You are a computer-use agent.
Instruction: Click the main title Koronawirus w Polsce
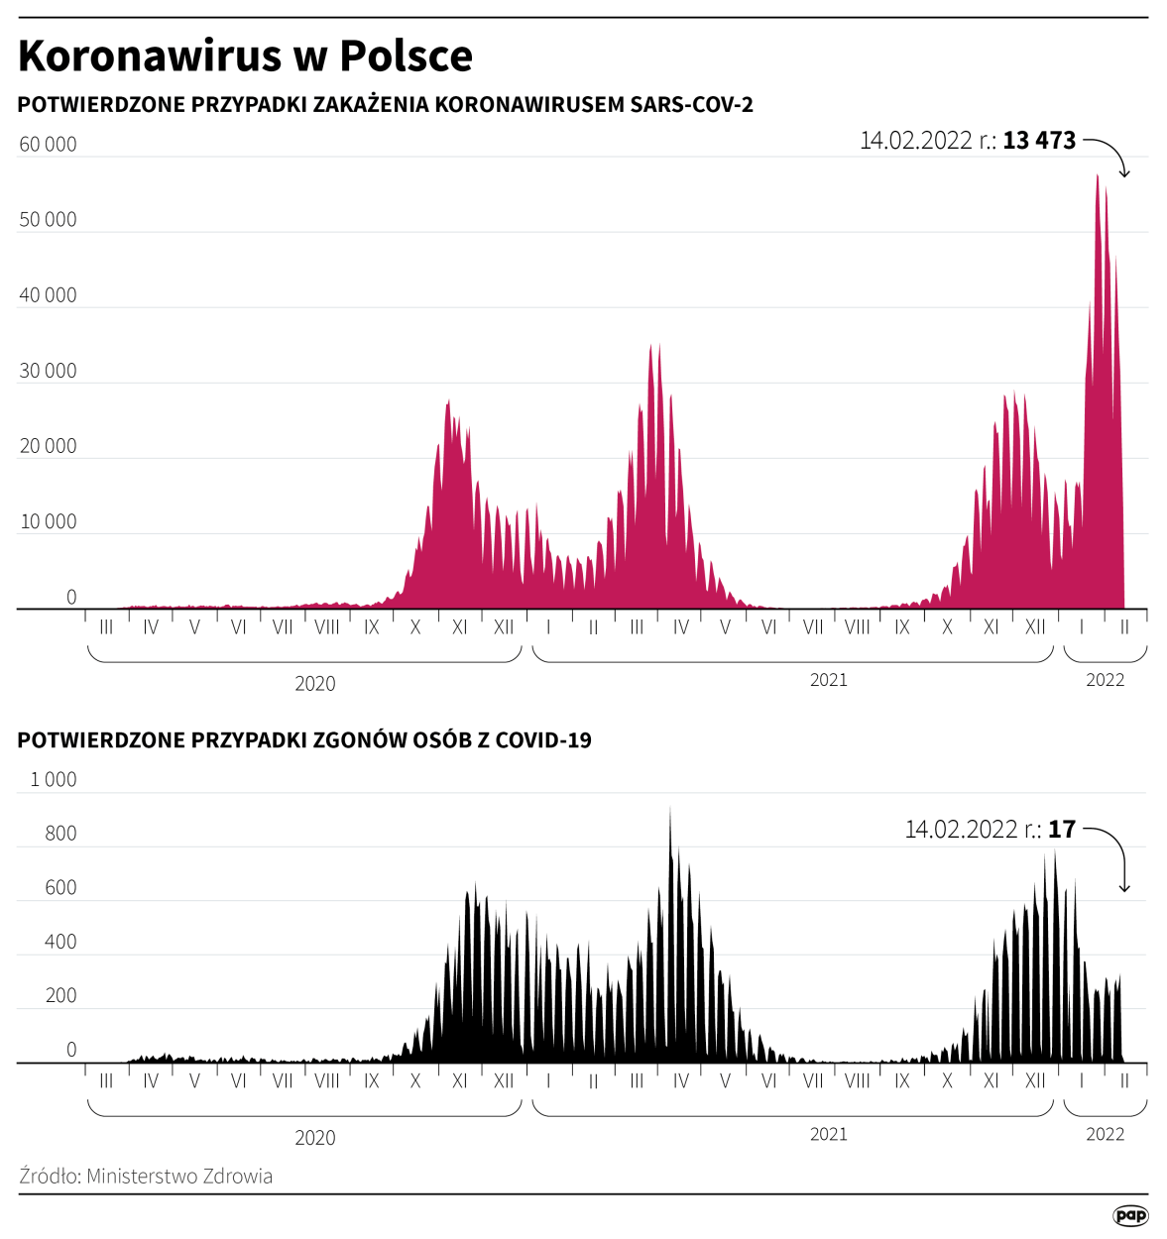point(245,56)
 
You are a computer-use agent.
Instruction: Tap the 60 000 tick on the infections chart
point(48,145)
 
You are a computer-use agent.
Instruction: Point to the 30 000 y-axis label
point(48,371)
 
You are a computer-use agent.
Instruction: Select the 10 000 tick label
point(48,522)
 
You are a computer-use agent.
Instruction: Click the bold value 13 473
point(1039,141)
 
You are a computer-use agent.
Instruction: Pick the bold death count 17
point(1062,830)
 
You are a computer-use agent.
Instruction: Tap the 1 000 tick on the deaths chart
point(54,780)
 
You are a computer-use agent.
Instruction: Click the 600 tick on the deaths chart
point(60,888)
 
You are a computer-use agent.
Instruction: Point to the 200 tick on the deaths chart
point(60,996)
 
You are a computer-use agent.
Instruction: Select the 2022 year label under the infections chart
point(1105,680)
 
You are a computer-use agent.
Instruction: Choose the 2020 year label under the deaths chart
point(315,1138)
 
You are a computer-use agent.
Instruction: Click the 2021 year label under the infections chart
point(829,680)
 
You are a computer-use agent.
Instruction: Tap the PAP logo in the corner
point(1130,1215)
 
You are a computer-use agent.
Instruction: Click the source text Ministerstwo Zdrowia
point(179,1177)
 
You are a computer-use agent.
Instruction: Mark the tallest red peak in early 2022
point(1097,177)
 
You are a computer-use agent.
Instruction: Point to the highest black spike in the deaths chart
point(670,810)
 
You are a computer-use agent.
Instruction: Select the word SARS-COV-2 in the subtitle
point(692,105)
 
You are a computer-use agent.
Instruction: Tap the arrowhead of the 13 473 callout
point(1124,174)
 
